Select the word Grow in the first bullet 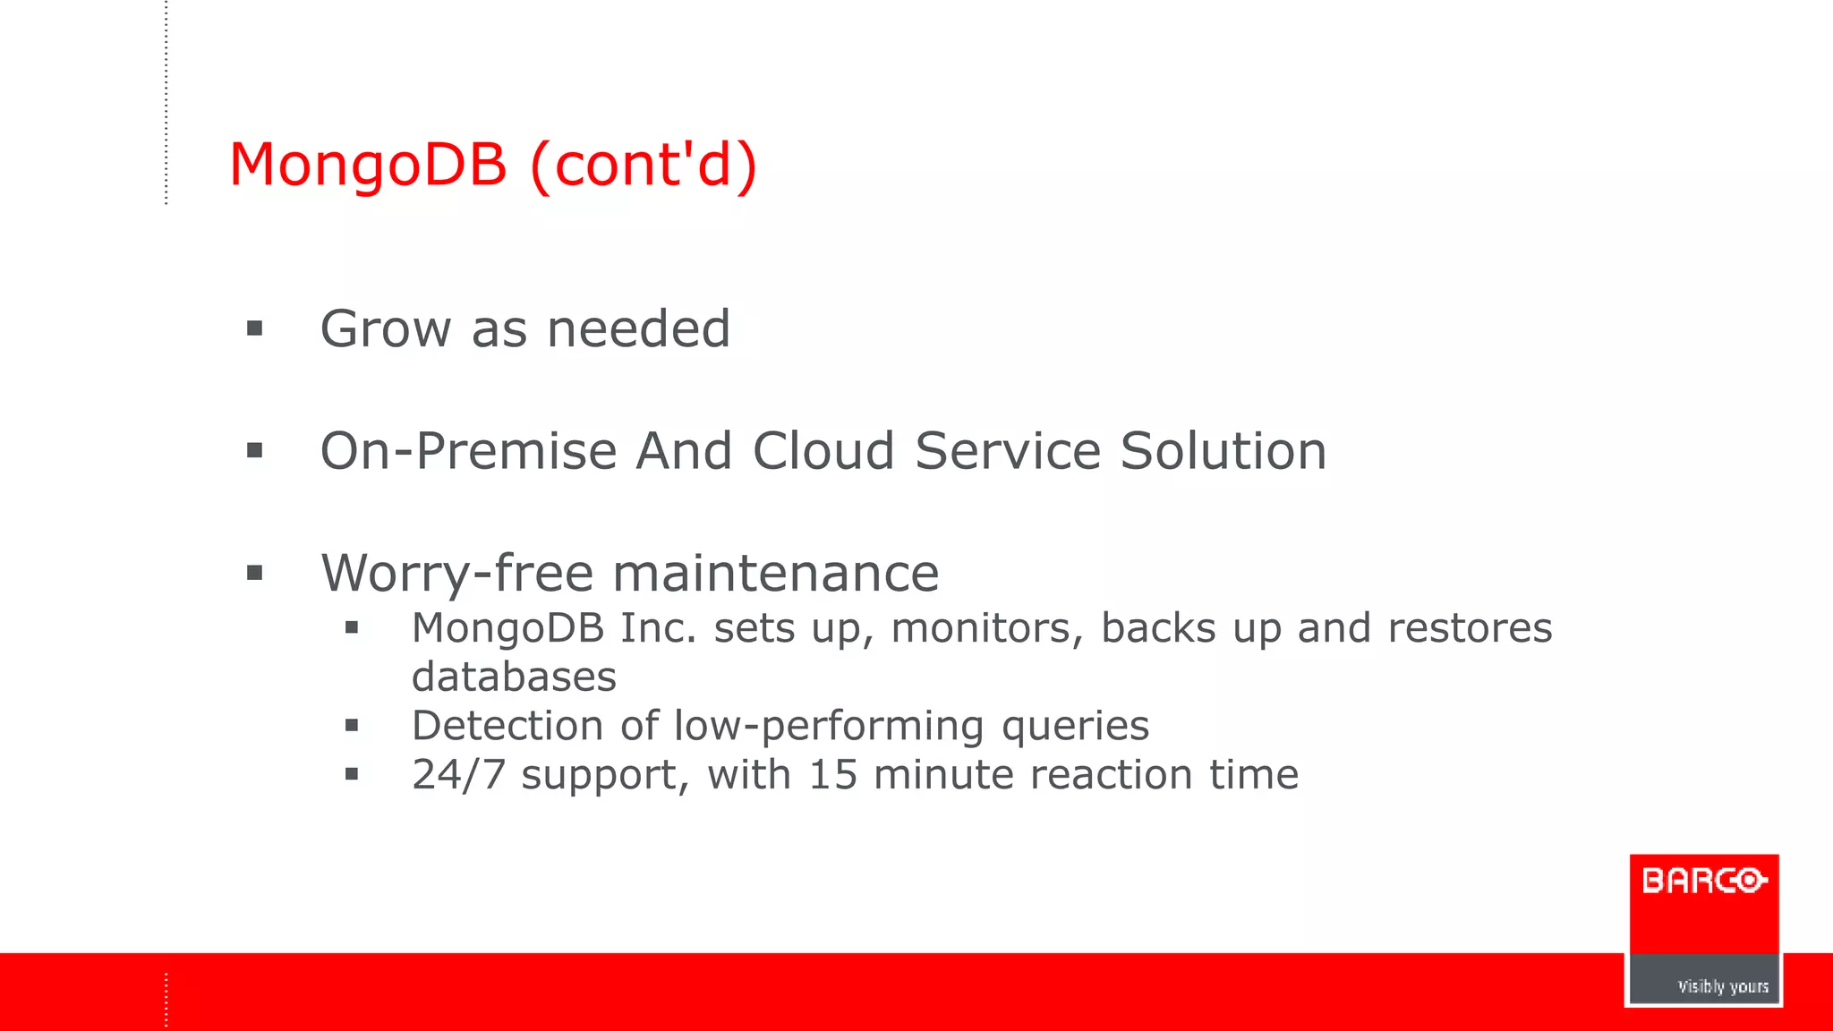[x=386, y=329]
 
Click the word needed [x=638, y=329]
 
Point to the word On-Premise [x=468, y=451]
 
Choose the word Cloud [x=823, y=451]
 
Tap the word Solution [x=1223, y=451]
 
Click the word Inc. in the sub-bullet [x=658, y=628]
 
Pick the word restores [x=1470, y=628]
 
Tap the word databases [x=514, y=677]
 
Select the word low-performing [x=829, y=726]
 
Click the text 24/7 [x=458, y=775]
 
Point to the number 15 [x=832, y=775]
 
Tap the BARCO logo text [x=1704, y=882]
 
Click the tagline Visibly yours [x=1722, y=986]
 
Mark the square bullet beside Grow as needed [x=255, y=329]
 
